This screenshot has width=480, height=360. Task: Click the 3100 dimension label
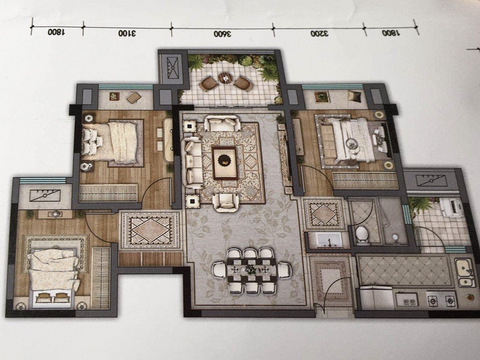pyautogui.click(x=127, y=33)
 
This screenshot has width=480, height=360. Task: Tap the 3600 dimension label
pyautogui.click(x=222, y=34)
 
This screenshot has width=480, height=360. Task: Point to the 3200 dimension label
pyautogui.click(x=319, y=34)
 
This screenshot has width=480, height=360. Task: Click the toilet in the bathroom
pyautogui.click(x=361, y=233)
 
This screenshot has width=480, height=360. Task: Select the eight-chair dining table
pyautogui.click(x=252, y=270)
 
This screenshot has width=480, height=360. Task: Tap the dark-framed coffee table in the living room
pyautogui.click(x=225, y=162)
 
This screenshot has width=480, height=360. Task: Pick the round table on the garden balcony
pyautogui.click(x=225, y=78)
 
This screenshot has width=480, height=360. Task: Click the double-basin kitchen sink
pyautogui.click(x=465, y=273)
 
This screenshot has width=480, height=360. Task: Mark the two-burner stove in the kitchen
pyautogui.click(x=441, y=300)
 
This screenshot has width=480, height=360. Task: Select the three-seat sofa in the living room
pyautogui.click(x=193, y=162)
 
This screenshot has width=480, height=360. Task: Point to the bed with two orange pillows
pyautogui.click(x=53, y=278)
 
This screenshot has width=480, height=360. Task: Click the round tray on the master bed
pyautogui.click(x=351, y=143)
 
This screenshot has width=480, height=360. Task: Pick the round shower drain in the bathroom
pyautogui.click(x=395, y=237)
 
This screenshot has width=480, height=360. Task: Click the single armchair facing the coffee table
pyautogui.click(x=226, y=202)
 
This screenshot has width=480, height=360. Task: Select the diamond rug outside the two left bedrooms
pyautogui.click(x=150, y=229)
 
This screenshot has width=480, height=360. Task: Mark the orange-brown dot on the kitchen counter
pyautogui.click(x=470, y=296)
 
